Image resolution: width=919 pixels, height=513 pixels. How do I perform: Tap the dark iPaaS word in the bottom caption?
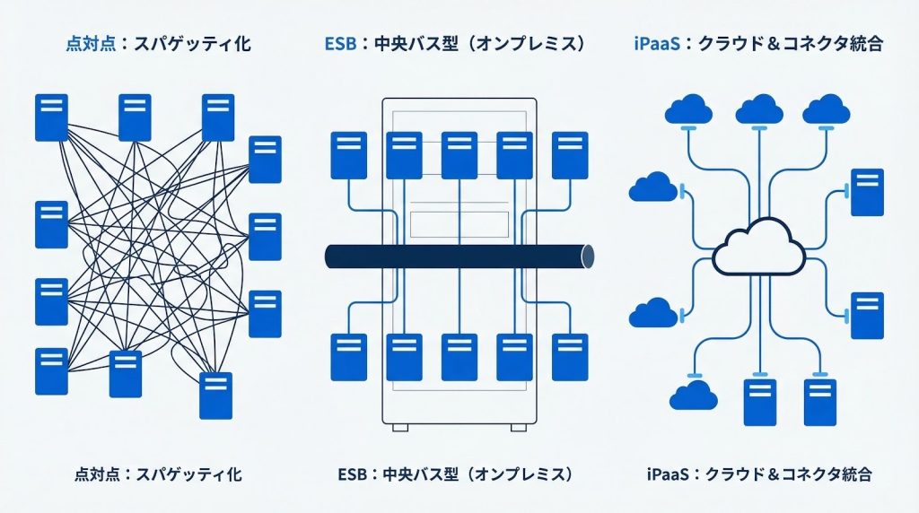tap(668, 473)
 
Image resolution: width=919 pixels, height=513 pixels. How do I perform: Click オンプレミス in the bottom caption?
tap(521, 473)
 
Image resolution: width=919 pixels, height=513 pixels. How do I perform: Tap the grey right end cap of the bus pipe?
tap(588, 256)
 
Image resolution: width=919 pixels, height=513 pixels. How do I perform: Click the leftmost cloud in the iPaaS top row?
tap(688, 109)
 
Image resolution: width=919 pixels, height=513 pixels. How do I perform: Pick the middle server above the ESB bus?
tap(459, 155)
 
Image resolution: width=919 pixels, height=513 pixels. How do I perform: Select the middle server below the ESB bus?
tap(459, 356)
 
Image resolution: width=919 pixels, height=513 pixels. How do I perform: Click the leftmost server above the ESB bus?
tap(348, 155)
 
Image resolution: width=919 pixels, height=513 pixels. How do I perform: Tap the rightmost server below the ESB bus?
tap(570, 356)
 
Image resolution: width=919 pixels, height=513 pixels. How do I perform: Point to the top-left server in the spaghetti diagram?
tap(51, 117)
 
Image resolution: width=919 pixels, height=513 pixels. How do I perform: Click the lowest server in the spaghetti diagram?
tap(215, 396)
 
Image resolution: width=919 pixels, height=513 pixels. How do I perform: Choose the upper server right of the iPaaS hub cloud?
tap(867, 192)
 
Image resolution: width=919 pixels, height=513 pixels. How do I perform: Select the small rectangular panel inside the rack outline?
tap(459, 222)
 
